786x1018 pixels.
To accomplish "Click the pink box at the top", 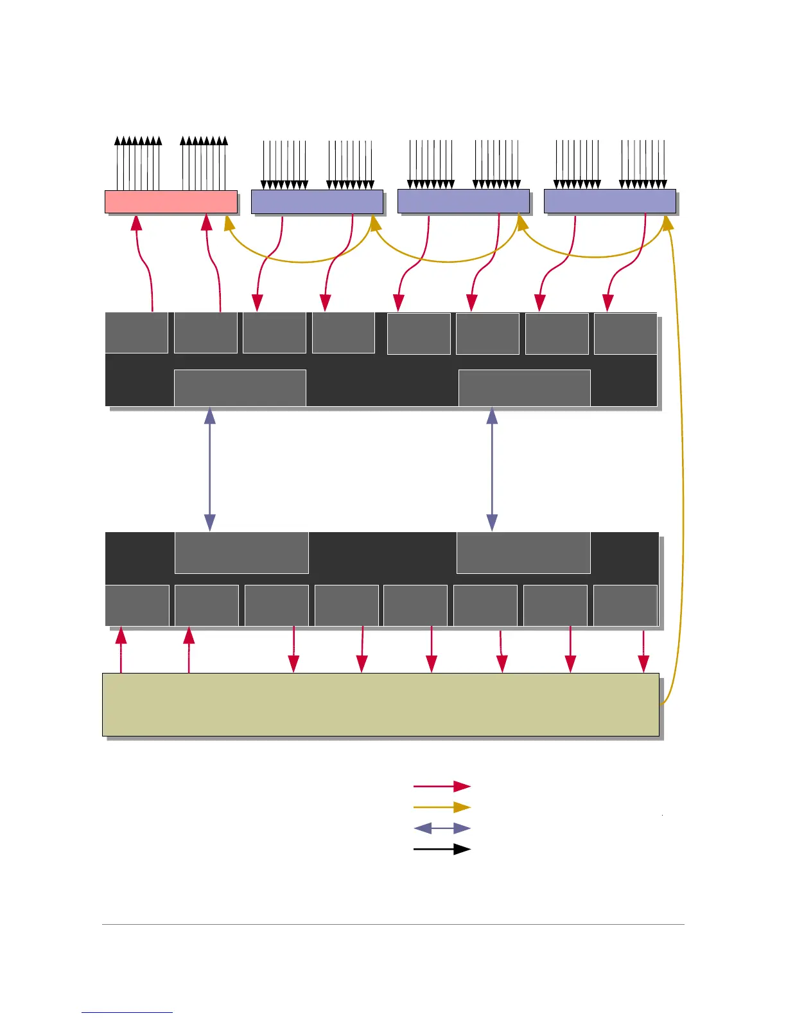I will click(x=171, y=201).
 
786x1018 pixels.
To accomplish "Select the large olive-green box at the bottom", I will click(x=380, y=704).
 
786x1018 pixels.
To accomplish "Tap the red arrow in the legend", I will click(x=442, y=786).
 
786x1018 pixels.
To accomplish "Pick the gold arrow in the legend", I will click(x=442, y=807).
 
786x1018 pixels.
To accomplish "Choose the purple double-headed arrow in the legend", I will click(x=442, y=828).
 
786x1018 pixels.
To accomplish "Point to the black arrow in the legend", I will click(x=442, y=849).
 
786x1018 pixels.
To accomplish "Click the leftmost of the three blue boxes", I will click(x=317, y=201).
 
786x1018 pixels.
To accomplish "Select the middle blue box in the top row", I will click(x=463, y=201).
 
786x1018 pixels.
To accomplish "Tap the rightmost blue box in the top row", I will click(x=609, y=201).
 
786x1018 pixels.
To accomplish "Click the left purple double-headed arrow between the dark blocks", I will click(x=209, y=469).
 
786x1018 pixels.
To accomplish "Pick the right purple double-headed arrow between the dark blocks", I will click(x=492, y=469).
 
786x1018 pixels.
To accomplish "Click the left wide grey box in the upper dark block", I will click(x=240, y=388).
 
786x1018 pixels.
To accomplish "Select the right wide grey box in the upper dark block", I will click(x=524, y=388).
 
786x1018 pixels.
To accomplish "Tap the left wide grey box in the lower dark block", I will click(x=241, y=552).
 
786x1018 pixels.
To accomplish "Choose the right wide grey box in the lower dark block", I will click(x=523, y=552).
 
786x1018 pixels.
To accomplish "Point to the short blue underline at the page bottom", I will click(x=127, y=1012).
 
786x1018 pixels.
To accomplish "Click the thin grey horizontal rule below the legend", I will click(x=393, y=925).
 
